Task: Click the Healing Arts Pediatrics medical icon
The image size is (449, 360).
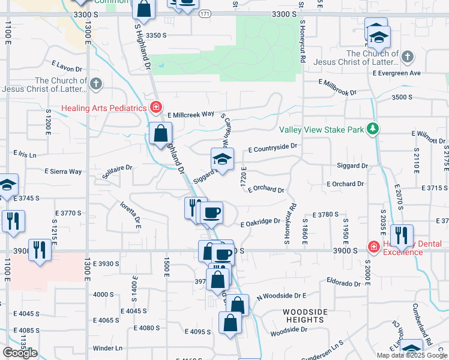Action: [x=156, y=107]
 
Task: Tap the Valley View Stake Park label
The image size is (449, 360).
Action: [x=322, y=130]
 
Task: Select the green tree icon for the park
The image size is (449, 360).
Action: [x=373, y=128]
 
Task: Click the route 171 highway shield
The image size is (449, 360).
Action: [x=206, y=13]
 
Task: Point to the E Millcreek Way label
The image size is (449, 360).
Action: [x=191, y=114]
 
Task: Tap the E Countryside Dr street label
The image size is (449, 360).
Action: [x=273, y=147]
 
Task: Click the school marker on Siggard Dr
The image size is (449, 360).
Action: [x=222, y=160]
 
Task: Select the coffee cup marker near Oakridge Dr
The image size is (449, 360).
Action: [x=211, y=212]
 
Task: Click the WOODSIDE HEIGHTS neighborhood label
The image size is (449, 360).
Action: [x=306, y=316]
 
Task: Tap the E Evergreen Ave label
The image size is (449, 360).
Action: [x=396, y=73]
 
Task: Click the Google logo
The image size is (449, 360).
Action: [x=20, y=353]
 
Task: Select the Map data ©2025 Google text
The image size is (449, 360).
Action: [x=412, y=355]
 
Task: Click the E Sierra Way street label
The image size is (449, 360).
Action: [x=63, y=172]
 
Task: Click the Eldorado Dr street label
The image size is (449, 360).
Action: [x=343, y=280]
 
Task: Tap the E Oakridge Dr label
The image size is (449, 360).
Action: [x=261, y=222]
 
